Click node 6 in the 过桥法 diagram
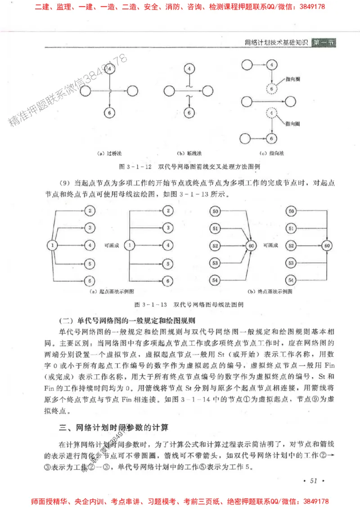tap(109, 113)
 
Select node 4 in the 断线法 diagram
tap(189, 69)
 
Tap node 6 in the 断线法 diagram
tap(189, 113)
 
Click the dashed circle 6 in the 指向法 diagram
tap(271, 88)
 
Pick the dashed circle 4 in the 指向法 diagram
tap(271, 113)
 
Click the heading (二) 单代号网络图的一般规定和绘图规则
tap(127, 321)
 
